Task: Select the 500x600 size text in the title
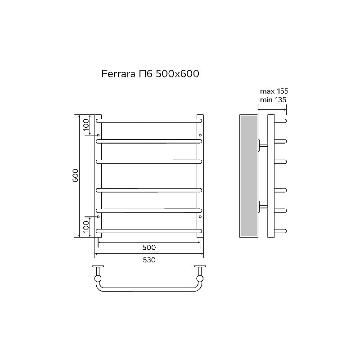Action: pos(177,73)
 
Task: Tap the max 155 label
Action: pos(274,91)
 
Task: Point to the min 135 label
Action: pos(273,100)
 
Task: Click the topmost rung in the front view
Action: pos(148,121)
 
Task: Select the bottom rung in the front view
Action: pos(148,231)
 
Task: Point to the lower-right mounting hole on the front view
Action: pos(200,217)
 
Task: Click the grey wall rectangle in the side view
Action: pos(248,175)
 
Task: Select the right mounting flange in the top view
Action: pos(199,269)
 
